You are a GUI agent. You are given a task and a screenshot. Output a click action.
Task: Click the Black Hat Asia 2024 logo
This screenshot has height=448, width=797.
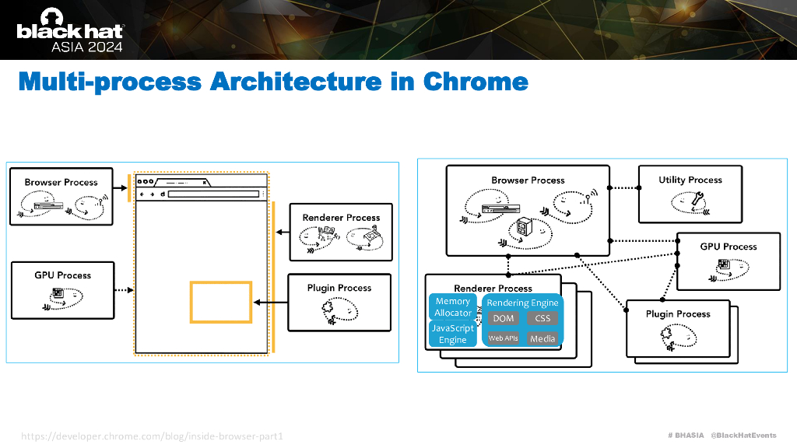pyautogui.click(x=70, y=30)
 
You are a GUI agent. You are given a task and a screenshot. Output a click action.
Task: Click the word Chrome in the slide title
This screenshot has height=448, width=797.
pyautogui.click(x=476, y=81)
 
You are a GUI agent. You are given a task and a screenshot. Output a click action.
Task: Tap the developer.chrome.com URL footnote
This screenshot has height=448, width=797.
pyautogui.click(x=152, y=436)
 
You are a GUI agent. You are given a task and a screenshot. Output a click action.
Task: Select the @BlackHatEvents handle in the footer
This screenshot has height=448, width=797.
pyautogui.click(x=743, y=436)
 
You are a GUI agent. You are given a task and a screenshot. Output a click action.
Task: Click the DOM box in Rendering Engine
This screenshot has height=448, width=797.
pyautogui.click(x=504, y=318)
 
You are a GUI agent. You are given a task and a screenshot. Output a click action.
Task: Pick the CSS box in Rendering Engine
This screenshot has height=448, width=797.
pyautogui.click(x=542, y=318)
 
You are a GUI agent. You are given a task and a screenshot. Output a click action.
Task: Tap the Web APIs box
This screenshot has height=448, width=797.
pyautogui.click(x=504, y=338)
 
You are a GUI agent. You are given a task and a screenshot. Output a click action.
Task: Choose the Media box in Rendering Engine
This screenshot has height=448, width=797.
pyautogui.click(x=542, y=338)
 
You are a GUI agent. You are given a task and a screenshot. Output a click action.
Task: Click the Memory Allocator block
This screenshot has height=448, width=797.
pyautogui.click(x=453, y=306)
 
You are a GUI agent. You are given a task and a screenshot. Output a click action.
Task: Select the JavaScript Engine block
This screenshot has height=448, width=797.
pyautogui.click(x=453, y=334)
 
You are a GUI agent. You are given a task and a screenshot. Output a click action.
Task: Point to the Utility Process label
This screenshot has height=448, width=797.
pyautogui.click(x=690, y=180)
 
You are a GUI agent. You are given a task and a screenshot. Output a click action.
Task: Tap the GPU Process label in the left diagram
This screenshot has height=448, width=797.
pyautogui.click(x=62, y=275)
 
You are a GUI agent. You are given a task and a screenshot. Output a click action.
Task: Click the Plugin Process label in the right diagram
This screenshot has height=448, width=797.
pyautogui.click(x=678, y=314)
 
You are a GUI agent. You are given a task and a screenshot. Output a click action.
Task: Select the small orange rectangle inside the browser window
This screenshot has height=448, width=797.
pyautogui.click(x=221, y=282)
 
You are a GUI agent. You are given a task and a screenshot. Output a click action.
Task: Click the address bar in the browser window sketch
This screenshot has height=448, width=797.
pyautogui.click(x=213, y=194)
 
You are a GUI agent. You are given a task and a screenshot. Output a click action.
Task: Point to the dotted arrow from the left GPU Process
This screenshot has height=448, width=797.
pyautogui.click(x=124, y=290)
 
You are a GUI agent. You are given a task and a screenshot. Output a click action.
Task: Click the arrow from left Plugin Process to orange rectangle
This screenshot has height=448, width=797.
pyautogui.click(x=270, y=303)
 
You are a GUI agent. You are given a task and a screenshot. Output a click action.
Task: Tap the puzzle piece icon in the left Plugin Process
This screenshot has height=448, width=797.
pyautogui.click(x=328, y=306)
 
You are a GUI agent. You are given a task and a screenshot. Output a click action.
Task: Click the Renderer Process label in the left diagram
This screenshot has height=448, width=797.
pyautogui.click(x=341, y=218)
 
